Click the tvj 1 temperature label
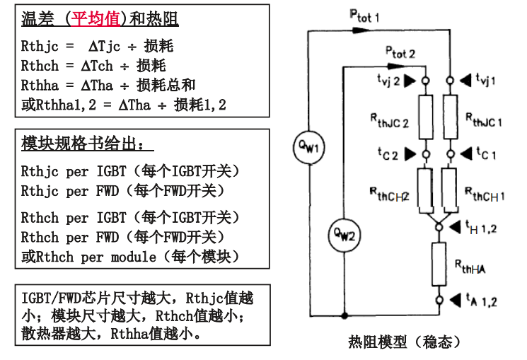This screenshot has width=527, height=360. click(x=485, y=80)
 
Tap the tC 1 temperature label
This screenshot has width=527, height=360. click(x=485, y=153)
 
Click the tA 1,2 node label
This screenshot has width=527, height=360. click(x=482, y=301)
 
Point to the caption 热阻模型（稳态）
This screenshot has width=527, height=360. click(x=405, y=342)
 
